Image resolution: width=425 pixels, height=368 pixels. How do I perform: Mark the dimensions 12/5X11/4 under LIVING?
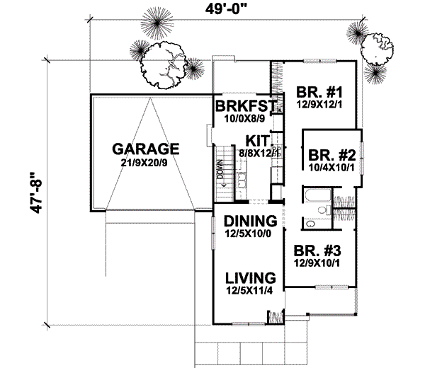(248, 289)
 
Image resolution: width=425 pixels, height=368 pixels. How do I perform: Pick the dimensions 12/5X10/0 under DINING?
(248, 234)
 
